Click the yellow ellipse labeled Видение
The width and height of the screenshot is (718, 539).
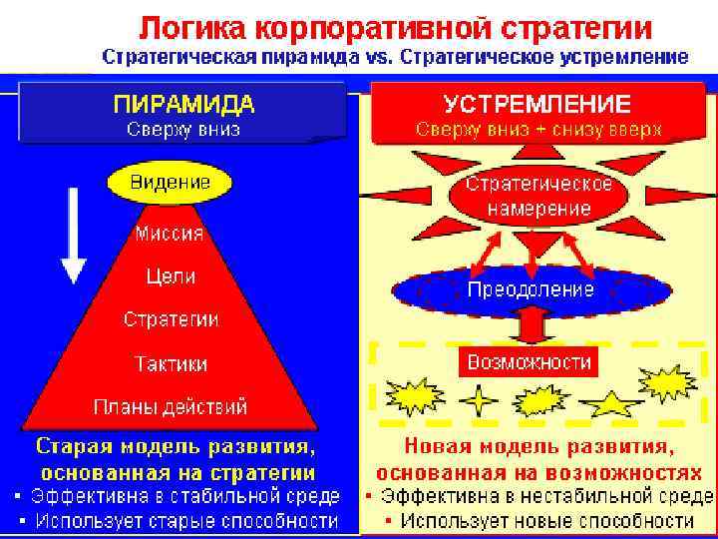click(x=170, y=183)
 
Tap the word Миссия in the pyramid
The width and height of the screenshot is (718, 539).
click(x=169, y=235)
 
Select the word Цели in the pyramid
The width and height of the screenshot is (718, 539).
click(x=170, y=276)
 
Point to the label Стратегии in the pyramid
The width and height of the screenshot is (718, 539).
click(x=171, y=319)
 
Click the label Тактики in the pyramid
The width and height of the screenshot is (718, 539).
click(x=171, y=363)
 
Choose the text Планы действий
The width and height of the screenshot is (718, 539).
click(x=171, y=407)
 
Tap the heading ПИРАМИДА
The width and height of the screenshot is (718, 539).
click(x=183, y=104)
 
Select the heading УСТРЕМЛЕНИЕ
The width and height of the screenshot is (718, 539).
click(x=537, y=104)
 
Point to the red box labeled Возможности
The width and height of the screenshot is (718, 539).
click(x=530, y=361)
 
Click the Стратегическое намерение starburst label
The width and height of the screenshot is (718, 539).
click(x=538, y=198)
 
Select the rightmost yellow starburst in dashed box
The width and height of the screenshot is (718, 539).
click(x=666, y=382)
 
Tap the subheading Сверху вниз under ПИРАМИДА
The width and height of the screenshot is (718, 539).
click(x=182, y=130)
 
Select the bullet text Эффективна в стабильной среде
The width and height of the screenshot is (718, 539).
click(x=184, y=496)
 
